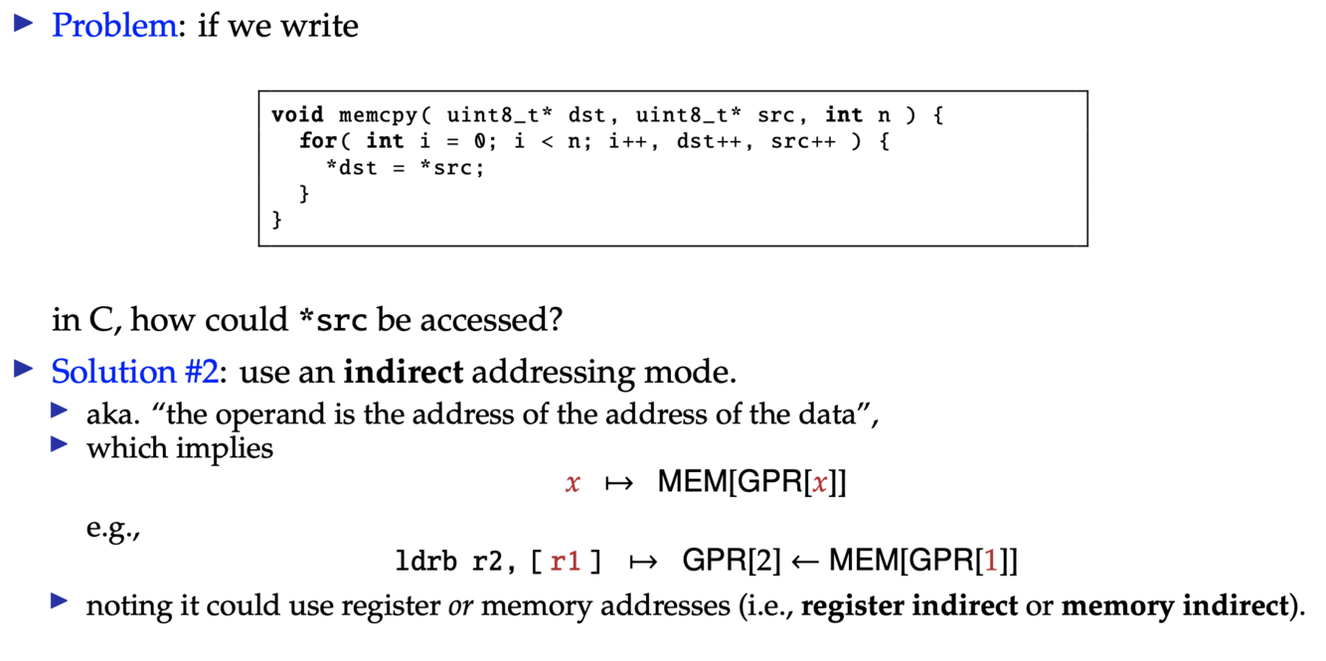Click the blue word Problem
(113, 25)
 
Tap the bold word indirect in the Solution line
(404, 372)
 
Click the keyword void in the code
(297, 115)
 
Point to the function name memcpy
(378, 115)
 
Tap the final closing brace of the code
(277, 220)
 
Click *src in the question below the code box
(333, 321)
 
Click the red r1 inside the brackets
(565, 562)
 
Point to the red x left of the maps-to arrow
(572, 484)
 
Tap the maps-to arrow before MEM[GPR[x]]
(618, 484)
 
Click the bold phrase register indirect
(909, 606)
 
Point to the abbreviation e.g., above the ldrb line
(113, 527)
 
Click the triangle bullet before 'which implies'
(61, 444)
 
